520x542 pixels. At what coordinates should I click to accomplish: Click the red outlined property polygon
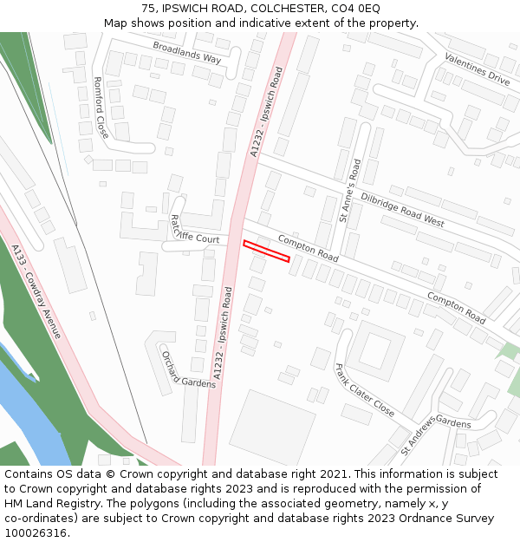266,250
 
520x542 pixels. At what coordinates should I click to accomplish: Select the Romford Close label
101,108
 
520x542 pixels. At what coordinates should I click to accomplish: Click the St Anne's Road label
350,190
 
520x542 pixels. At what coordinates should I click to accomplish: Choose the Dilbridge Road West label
402,208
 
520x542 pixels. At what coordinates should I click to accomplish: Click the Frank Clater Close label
364,389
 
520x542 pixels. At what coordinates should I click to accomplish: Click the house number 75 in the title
149,8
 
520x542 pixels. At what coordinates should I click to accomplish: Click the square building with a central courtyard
375,349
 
